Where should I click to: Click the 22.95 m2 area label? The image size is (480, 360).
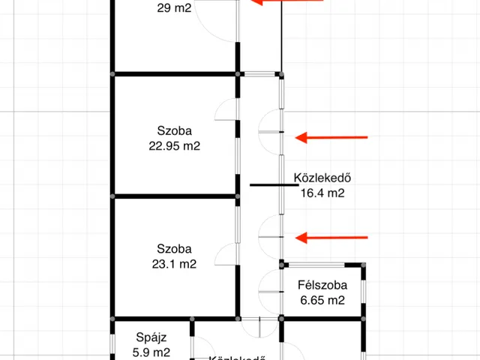tap(175, 146)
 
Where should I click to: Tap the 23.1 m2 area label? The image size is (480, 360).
tap(175, 264)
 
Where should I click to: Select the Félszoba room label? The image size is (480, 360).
tap(320, 285)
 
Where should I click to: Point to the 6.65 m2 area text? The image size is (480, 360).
tap(320, 300)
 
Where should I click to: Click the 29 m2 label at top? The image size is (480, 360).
tap(175, 9)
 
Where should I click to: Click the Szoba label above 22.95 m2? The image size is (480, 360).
tap(175, 130)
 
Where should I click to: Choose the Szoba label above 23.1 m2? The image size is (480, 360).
tap(175, 249)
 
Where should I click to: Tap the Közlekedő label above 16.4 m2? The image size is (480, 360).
tap(323, 178)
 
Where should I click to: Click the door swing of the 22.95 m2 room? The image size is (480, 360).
tap(226, 110)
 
